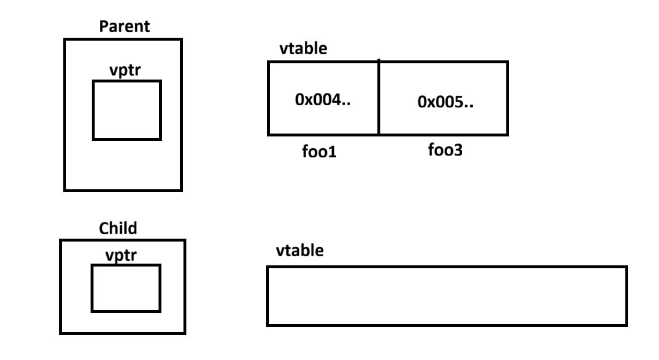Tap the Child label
coord(118,228)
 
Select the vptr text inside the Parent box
coord(126,70)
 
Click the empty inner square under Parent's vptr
coord(127,110)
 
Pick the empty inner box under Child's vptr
coord(125,288)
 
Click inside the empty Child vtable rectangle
coord(447,296)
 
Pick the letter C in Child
coord(103,228)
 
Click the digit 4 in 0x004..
coord(337,100)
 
